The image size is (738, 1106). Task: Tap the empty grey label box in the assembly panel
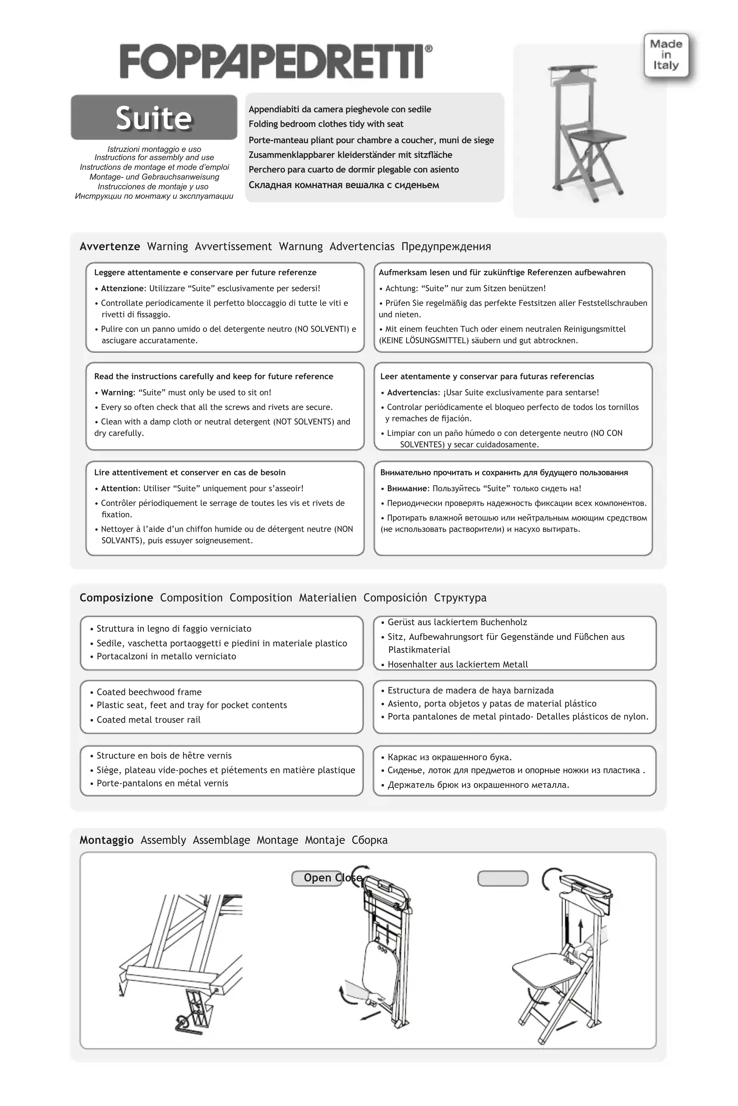click(503, 878)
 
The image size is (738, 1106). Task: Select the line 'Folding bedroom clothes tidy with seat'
click(326, 124)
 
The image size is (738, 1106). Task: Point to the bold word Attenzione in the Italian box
click(122, 288)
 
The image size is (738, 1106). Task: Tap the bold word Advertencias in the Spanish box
click(412, 392)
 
